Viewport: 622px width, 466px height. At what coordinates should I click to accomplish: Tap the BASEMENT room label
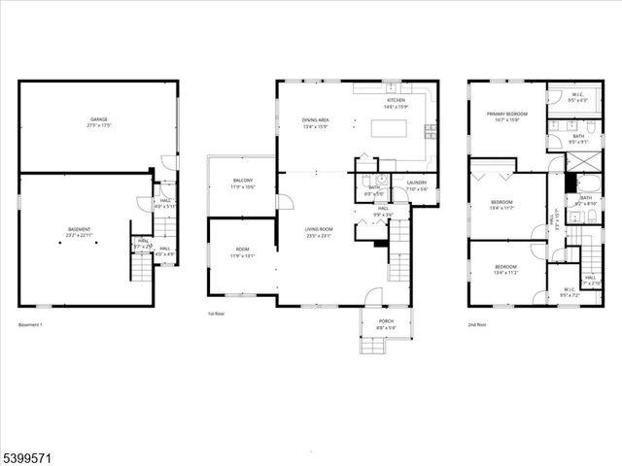(78, 229)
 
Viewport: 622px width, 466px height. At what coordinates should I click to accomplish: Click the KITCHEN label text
(396, 100)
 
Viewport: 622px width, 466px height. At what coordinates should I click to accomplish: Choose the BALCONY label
(243, 181)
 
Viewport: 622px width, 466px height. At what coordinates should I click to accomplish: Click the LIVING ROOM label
(319, 229)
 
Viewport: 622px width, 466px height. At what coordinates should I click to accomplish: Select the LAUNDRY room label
(417, 183)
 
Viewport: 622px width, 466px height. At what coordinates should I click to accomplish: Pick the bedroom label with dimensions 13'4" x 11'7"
(504, 202)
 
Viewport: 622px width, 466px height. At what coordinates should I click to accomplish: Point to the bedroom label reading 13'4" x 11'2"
(504, 267)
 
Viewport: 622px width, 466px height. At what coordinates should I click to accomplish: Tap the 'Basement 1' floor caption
(32, 324)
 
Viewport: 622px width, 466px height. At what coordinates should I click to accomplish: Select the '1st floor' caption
(216, 315)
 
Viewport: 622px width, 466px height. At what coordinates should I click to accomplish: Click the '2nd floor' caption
(476, 324)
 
